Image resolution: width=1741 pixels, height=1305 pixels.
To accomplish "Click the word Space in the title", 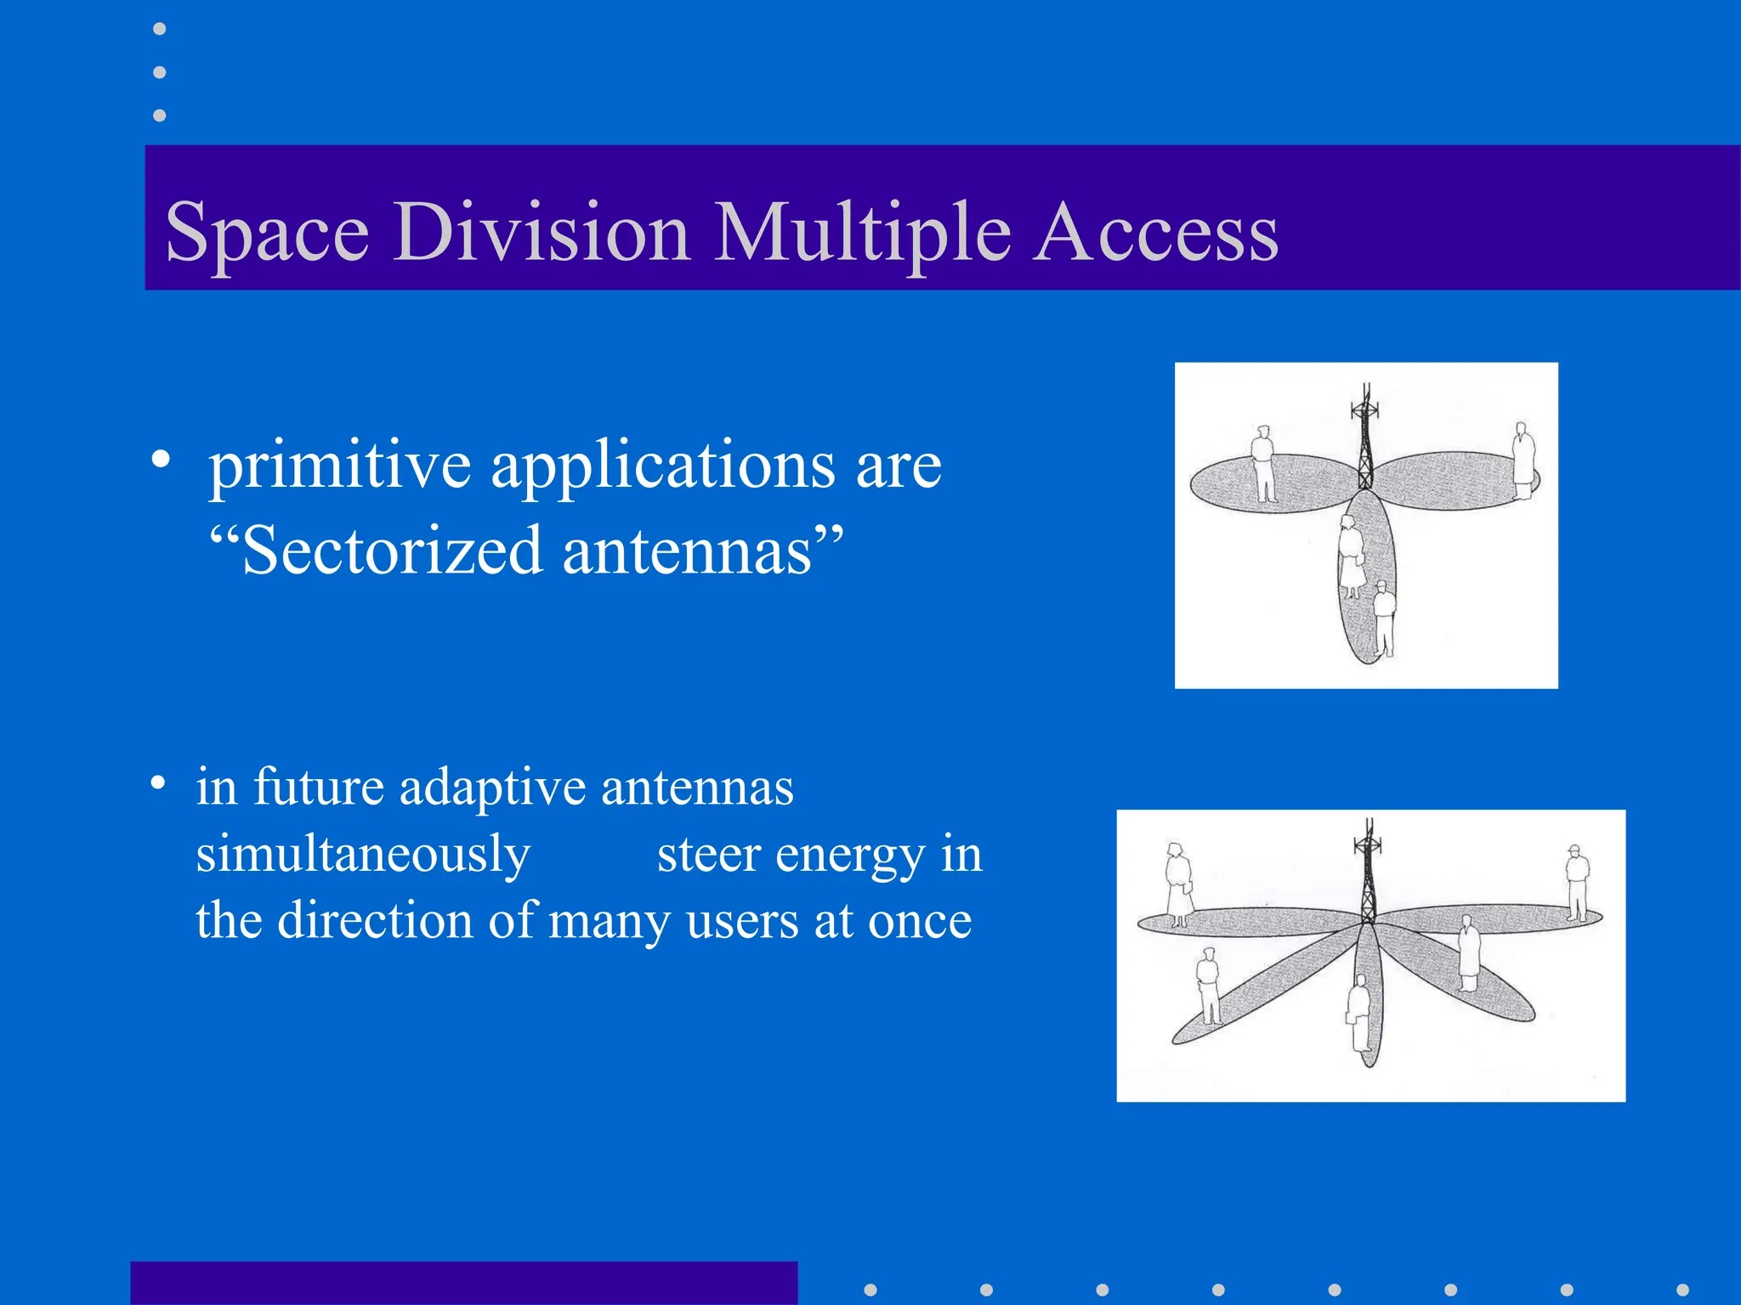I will (x=267, y=233).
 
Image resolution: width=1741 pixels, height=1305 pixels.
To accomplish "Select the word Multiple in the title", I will (x=862, y=233).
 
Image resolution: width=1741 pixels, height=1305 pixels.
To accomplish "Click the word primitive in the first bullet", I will (x=340, y=466).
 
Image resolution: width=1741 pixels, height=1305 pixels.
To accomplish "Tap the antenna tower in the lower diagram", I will (x=1369, y=871).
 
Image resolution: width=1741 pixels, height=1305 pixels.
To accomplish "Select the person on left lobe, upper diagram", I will (x=1264, y=464).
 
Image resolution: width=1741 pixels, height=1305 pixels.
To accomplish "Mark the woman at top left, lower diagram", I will (x=1178, y=884).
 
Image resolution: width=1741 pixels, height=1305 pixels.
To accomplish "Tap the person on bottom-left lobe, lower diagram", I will (x=1208, y=986).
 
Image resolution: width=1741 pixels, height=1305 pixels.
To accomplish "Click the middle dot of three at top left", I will (x=159, y=72).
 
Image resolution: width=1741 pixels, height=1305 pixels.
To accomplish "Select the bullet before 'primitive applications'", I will (x=161, y=460).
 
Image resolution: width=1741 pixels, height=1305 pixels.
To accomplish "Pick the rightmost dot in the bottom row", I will (x=1682, y=1290).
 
